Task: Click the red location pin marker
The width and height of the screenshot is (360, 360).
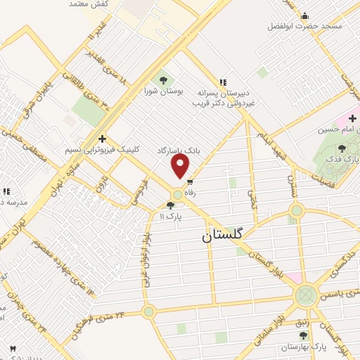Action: click(x=181, y=166)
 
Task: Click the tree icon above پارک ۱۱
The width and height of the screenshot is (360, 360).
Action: click(x=169, y=205)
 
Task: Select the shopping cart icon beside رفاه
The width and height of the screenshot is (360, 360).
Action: click(x=190, y=182)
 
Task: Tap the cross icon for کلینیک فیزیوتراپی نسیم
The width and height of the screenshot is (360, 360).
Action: click(x=103, y=139)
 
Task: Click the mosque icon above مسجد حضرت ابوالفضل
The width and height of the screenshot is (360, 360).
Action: click(x=304, y=15)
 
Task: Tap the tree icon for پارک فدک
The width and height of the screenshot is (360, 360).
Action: click(x=341, y=148)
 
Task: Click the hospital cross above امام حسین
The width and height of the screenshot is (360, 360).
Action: click(x=352, y=118)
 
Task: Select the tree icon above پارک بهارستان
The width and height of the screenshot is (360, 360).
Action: click(x=303, y=335)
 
